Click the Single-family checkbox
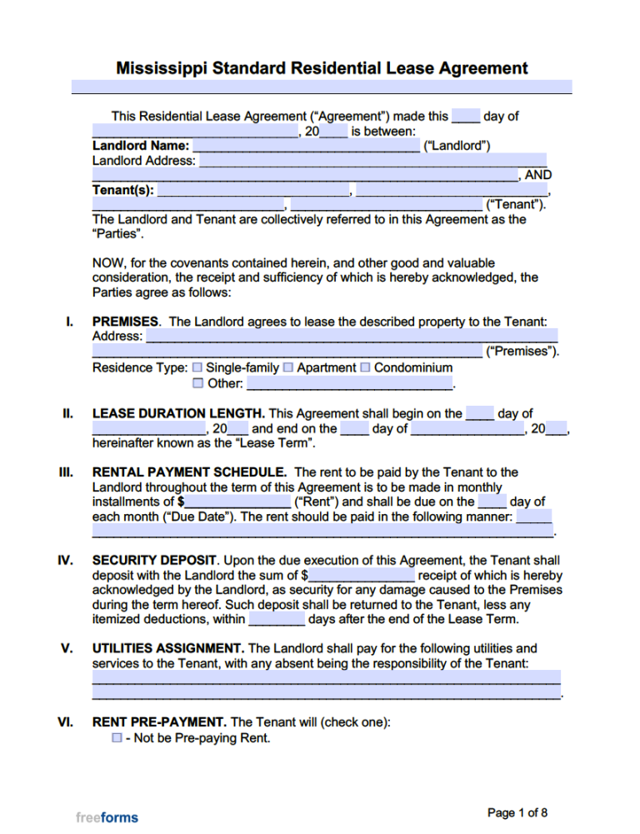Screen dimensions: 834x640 coord(197,367)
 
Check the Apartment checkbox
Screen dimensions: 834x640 coord(287,367)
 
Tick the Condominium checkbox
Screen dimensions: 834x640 coord(365,367)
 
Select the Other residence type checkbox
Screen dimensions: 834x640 coord(197,384)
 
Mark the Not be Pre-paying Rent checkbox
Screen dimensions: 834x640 coord(117,738)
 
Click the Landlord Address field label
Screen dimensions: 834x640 coord(143,161)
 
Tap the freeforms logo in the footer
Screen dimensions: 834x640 coord(107,817)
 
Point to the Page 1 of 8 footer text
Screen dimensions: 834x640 coord(517,812)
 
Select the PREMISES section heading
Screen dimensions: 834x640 coord(127,321)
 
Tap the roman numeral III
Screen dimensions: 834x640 coord(66,472)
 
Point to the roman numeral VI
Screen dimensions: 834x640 coord(66,722)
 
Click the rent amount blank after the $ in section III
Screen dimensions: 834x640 coord(237,502)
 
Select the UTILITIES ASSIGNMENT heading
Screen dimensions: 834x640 coord(168,648)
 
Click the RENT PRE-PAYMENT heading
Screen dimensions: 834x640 coord(159,722)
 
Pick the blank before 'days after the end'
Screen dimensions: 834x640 coord(277,620)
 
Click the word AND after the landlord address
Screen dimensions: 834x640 coord(537,176)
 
